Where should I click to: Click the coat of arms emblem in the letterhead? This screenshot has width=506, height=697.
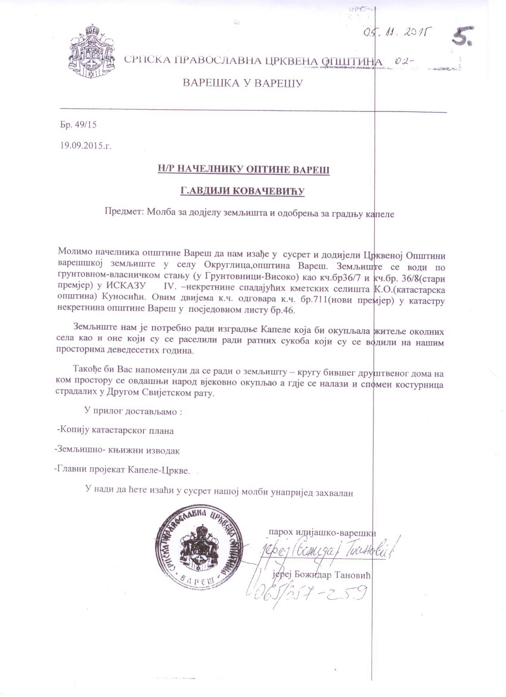[x=92, y=51]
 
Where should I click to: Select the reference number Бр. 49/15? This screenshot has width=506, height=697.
[x=78, y=125]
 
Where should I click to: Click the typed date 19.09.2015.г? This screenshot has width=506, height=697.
[x=86, y=146]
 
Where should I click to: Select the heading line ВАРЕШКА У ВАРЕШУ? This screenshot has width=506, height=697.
[x=243, y=83]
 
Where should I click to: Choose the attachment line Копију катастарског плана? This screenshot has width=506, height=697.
[x=115, y=430]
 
